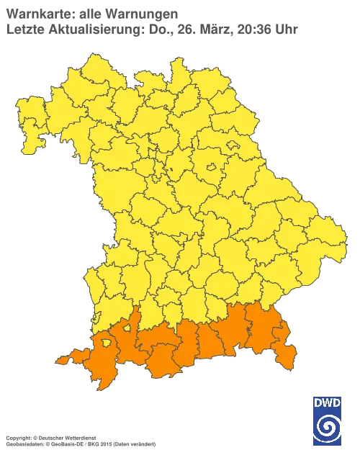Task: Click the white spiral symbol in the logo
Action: (x=328, y=428)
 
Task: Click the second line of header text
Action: (x=151, y=29)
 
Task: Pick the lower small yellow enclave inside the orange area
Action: (x=107, y=343)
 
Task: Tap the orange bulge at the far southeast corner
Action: (x=289, y=354)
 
